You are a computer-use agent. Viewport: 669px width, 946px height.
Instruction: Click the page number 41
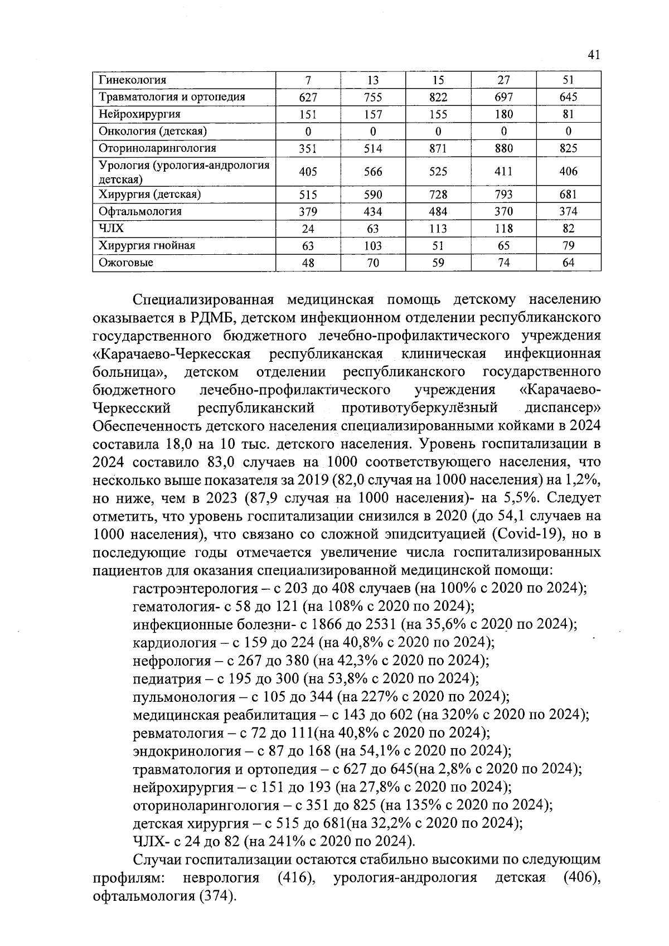point(593,55)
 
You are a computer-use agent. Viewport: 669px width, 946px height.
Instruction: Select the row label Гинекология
point(132,80)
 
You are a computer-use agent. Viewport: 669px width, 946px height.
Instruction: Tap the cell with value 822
point(438,97)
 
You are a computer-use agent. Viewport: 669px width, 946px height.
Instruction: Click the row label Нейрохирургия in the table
point(139,114)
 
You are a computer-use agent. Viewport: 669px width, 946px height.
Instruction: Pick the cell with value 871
point(438,148)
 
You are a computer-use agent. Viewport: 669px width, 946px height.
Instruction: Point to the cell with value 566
point(373,172)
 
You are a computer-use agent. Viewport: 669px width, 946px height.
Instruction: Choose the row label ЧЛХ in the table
point(111,229)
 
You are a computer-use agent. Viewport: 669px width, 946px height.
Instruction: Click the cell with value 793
point(503,195)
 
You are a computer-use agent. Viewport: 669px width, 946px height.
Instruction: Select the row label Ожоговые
point(126,263)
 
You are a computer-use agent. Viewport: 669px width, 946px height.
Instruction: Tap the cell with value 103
point(373,246)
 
